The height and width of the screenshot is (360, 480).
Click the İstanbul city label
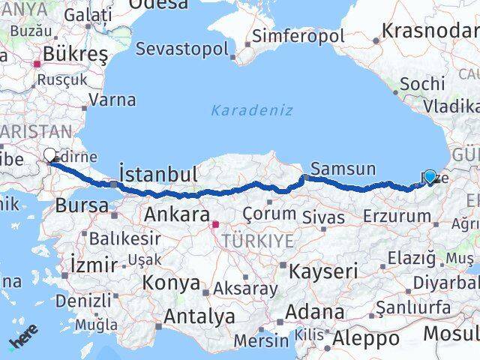[159, 175]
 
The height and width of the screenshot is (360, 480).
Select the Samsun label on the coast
[343, 168]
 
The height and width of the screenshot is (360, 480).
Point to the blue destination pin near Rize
[430, 177]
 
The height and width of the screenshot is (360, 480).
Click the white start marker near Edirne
[50, 155]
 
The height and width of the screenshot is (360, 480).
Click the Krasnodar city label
[429, 31]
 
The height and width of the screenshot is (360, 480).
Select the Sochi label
[422, 84]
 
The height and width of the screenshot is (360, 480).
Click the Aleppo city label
[365, 338]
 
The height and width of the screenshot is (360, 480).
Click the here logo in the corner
[23, 341]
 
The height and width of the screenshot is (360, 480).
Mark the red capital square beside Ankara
[215, 223]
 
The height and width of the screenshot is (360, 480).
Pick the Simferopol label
[298, 36]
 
